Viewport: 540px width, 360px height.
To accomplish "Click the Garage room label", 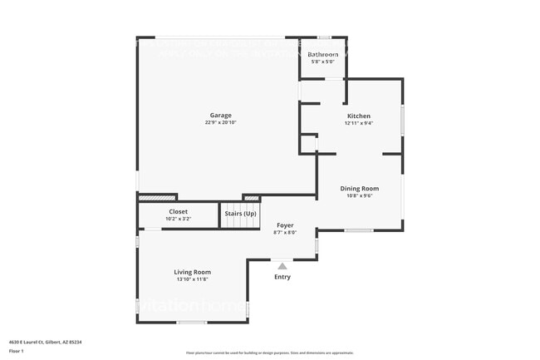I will (x=220, y=116).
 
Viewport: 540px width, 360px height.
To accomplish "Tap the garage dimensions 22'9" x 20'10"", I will (x=220, y=123).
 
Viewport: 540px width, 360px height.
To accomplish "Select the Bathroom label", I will (x=323, y=55).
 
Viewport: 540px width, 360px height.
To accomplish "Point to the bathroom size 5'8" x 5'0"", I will (x=323, y=62).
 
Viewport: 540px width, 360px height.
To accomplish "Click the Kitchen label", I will (x=359, y=116).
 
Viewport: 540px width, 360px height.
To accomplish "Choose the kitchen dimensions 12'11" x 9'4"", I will (x=359, y=123).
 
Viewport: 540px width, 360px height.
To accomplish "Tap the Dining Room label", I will (x=360, y=189).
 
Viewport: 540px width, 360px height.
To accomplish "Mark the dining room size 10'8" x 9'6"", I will (x=360, y=196).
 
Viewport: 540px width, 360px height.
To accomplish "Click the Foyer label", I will (x=285, y=225).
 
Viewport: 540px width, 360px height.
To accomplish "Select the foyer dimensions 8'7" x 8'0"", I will (x=285, y=233).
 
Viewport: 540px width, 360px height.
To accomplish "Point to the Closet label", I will (x=179, y=211).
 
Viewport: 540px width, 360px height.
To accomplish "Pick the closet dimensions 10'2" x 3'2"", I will (x=179, y=219).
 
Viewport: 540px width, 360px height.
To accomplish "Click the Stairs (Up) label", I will (x=241, y=214).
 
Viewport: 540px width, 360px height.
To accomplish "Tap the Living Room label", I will (x=192, y=272).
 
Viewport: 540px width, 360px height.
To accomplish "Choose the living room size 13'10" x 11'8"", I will (x=192, y=279).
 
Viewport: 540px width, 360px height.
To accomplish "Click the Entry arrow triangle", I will (x=282, y=266).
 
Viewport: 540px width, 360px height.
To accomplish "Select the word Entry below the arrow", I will (x=282, y=277).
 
